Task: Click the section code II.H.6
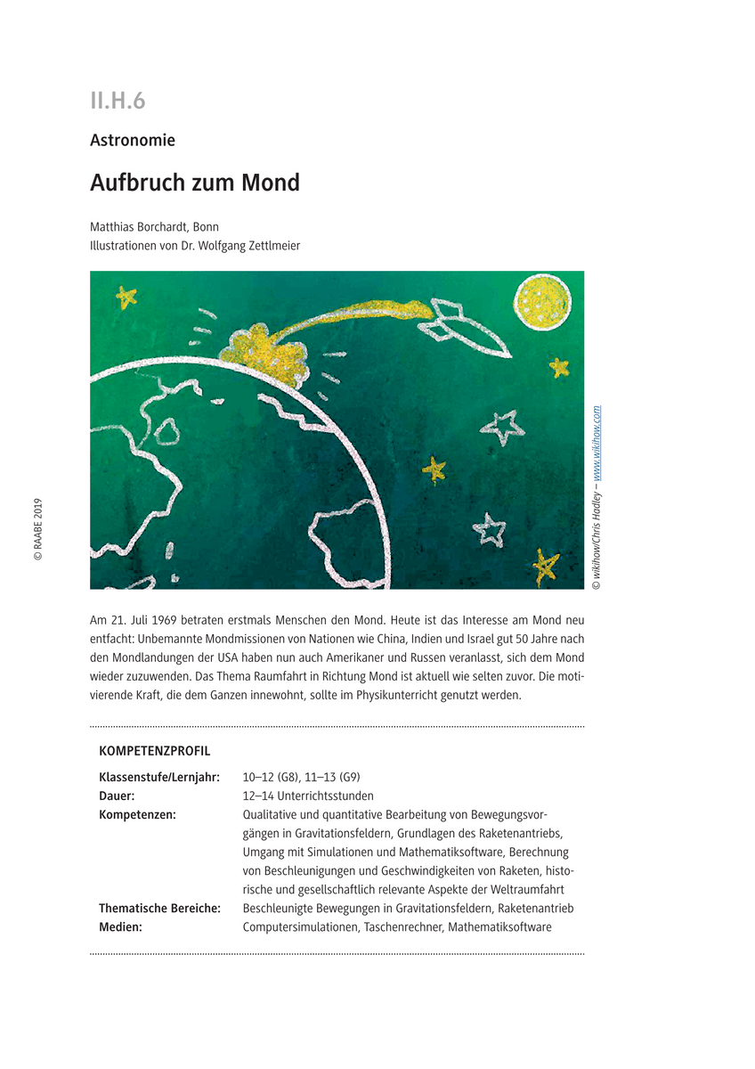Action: coord(118,101)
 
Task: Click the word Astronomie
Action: coord(133,140)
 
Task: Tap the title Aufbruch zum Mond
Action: coord(195,183)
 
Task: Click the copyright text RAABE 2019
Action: coord(38,529)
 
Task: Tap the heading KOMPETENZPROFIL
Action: coord(154,751)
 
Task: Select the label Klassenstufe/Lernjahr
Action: coord(159,777)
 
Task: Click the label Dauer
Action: coord(117,796)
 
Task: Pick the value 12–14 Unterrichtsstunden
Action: coord(308,796)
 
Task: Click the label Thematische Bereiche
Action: coord(160,908)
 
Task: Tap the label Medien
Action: coord(121,926)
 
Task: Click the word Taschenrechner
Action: coord(403,926)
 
